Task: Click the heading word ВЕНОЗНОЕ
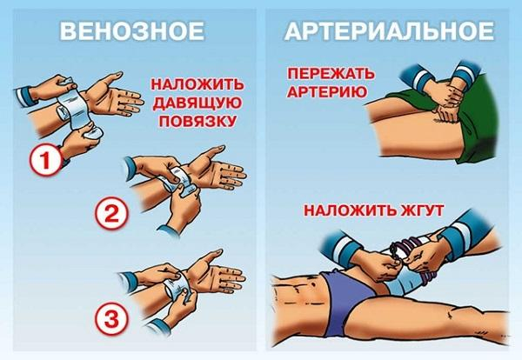[x=130, y=33]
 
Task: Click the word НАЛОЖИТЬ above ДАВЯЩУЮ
[x=193, y=85]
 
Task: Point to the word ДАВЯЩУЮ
[x=193, y=103]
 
